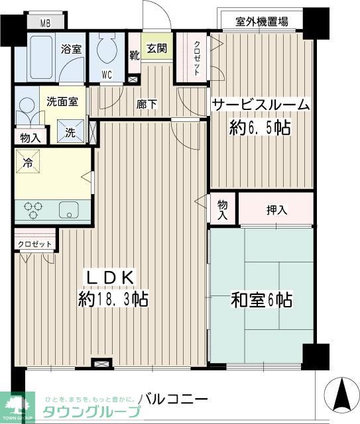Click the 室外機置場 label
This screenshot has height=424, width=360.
tap(262, 22)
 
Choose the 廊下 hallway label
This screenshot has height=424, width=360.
tap(147, 103)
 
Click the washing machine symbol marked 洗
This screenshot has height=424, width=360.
tap(70, 131)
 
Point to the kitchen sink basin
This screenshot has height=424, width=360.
tap(69, 210)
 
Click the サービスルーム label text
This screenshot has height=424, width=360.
tap(261, 104)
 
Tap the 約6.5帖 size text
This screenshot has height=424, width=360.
tap(260, 127)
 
